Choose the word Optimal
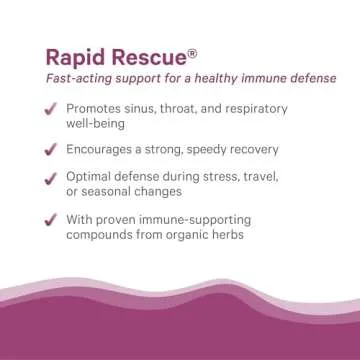click(91, 177)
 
